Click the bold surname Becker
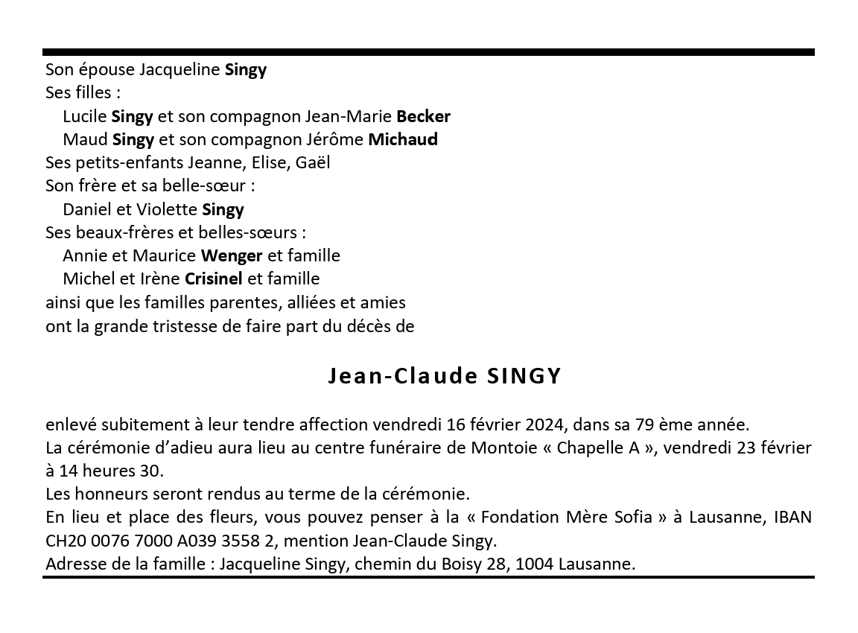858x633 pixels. tap(423, 116)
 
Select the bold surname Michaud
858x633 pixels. tap(403, 139)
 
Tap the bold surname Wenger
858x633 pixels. tap(232, 255)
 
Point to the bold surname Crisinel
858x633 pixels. tap(214, 279)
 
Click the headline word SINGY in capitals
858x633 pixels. tap(524, 376)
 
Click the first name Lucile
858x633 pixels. tap(85, 116)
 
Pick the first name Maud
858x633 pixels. tap(85, 139)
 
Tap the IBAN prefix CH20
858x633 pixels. tap(63, 541)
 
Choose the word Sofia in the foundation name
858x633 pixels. tap(632, 517)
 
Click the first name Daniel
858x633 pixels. tap(87, 209)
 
